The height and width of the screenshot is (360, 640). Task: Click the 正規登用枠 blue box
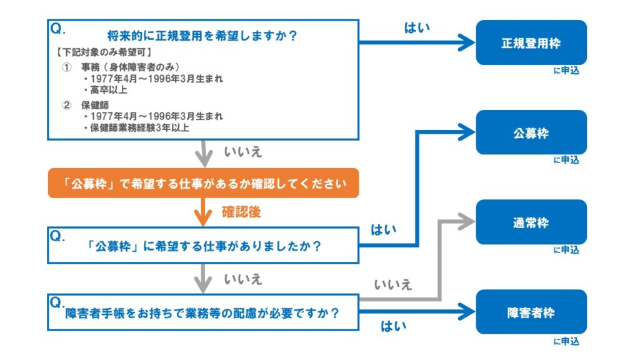coord(531,42)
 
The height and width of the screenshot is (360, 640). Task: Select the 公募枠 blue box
coord(531,132)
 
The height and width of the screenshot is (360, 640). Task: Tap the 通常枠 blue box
coord(531,222)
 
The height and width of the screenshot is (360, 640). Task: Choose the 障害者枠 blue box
coord(531,312)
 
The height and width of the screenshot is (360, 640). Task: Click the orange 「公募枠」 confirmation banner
coord(203,183)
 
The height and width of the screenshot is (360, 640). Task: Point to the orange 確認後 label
coord(241,212)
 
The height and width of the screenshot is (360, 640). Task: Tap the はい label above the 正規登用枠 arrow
coord(417,28)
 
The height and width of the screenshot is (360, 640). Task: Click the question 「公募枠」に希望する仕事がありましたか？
coord(204,246)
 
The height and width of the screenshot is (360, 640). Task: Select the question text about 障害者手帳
coord(203,313)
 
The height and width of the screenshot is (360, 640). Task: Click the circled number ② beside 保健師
coord(67,105)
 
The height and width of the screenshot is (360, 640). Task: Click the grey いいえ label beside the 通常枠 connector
coord(393,285)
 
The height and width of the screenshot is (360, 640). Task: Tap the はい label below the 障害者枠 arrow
coord(393,326)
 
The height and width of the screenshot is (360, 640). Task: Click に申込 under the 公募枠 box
coord(566,161)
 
